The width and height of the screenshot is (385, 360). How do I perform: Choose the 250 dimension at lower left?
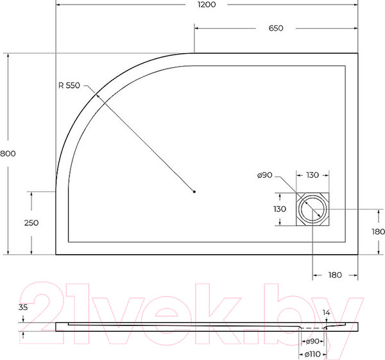(x=31, y=223)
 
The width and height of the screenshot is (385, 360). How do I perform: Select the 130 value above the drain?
(x=313, y=175)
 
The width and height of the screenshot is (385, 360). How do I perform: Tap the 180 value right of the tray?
(x=377, y=232)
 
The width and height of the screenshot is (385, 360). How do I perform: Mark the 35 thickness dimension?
(x=23, y=307)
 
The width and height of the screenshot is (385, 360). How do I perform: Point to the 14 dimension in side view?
(x=326, y=313)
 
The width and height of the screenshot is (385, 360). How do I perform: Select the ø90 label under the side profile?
(x=312, y=341)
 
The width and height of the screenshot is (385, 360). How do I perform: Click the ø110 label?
(x=312, y=354)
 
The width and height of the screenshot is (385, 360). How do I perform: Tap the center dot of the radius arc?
(x=194, y=191)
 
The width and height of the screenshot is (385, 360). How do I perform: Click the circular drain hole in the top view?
(x=312, y=209)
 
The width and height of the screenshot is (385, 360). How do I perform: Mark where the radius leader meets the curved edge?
(x=97, y=96)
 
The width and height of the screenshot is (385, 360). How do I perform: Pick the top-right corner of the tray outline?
(x=357, y=53)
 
